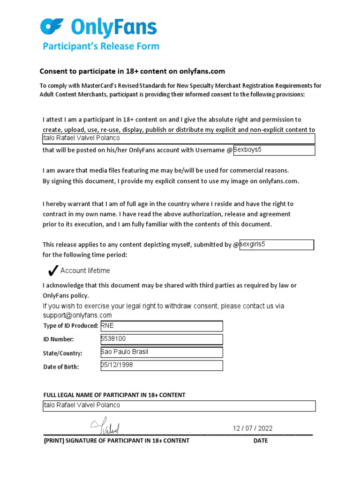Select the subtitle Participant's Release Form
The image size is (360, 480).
[101, 46]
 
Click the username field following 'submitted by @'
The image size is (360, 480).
[276, 245]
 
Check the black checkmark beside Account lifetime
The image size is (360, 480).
[53, 270]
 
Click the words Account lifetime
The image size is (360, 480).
[85, 270]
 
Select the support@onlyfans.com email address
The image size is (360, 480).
[77, 315]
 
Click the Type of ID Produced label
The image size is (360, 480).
[71, 326]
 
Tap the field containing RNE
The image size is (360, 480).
[162, 326]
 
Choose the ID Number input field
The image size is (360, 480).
[162, 339]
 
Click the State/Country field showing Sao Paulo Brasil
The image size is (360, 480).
[162, 352]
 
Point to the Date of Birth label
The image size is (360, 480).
[61, 367]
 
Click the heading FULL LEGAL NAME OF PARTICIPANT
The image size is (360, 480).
[114, 395]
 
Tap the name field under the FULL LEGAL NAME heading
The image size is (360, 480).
[179, 405]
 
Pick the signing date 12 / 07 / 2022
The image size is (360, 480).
[253, 428]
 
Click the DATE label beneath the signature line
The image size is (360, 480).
[261, 441]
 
